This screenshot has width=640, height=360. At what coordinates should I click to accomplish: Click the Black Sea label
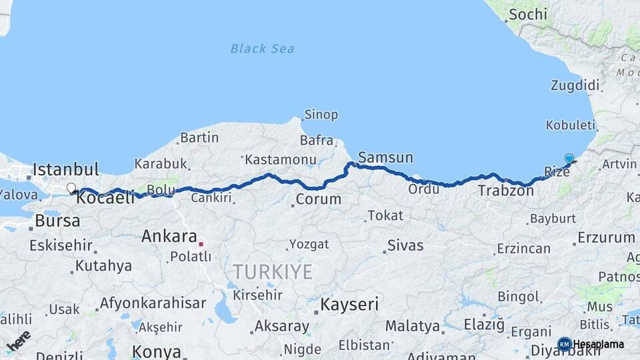click(262, 48)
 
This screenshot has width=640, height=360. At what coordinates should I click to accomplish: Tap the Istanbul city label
click(65, 169)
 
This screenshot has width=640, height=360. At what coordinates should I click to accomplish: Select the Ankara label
click(169, 236)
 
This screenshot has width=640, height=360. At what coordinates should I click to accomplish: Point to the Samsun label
click(385, 158)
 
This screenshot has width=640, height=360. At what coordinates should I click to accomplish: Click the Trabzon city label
click(506, 191)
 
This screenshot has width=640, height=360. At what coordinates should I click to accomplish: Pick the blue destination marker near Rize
click(569, 159)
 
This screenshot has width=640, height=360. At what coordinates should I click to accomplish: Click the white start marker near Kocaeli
click(71, 189)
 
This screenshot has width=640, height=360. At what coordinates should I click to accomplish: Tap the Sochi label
click(527, 14)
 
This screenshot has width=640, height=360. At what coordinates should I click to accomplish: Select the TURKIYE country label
click(273, 271)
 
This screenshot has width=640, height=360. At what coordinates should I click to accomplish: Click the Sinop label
click(321, 115)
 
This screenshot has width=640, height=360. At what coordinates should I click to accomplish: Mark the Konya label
click(156, 351)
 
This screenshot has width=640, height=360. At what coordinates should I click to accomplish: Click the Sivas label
click(405, 245)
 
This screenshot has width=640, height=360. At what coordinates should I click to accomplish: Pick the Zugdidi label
click(575, 85)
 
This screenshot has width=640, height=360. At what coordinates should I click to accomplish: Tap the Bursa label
click(57, 220)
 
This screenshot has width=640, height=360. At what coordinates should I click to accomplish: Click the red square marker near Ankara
click(201, 244)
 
